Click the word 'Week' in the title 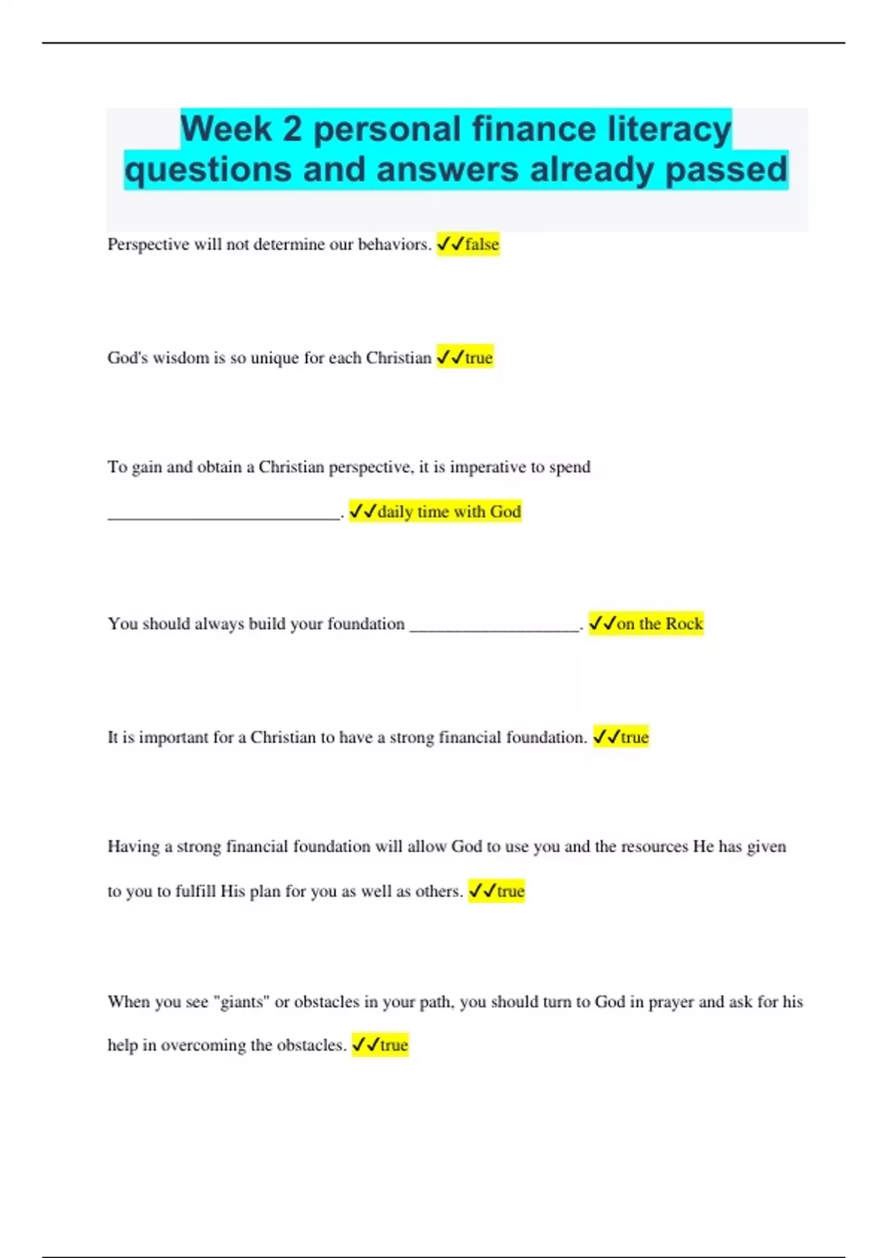tap(227, 129)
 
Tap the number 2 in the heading tap(292, 129)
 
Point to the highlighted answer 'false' tap(482, 244)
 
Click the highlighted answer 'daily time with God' tap(448, 511)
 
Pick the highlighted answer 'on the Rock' tap(659, 624)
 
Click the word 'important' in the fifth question tap(173, 737)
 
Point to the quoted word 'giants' tap(241, 1002)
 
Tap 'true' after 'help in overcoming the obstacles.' tap(394, 1045)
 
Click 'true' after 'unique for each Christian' tap(479, 358)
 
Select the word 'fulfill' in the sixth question tap(195, 891)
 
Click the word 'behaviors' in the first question tap(392, 244)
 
